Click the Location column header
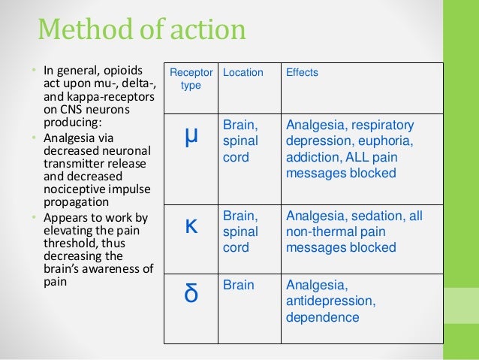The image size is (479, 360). pyautogui.click(x=243, y=73)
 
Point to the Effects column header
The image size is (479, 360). pyautogui.click(x=302, y=73)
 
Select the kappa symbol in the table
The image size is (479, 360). pyautogui.click(x=191, y=226)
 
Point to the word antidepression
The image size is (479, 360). pyautogui.click(x=328, y=301)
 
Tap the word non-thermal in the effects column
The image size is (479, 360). pyautogui.click(x=319, y=231)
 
